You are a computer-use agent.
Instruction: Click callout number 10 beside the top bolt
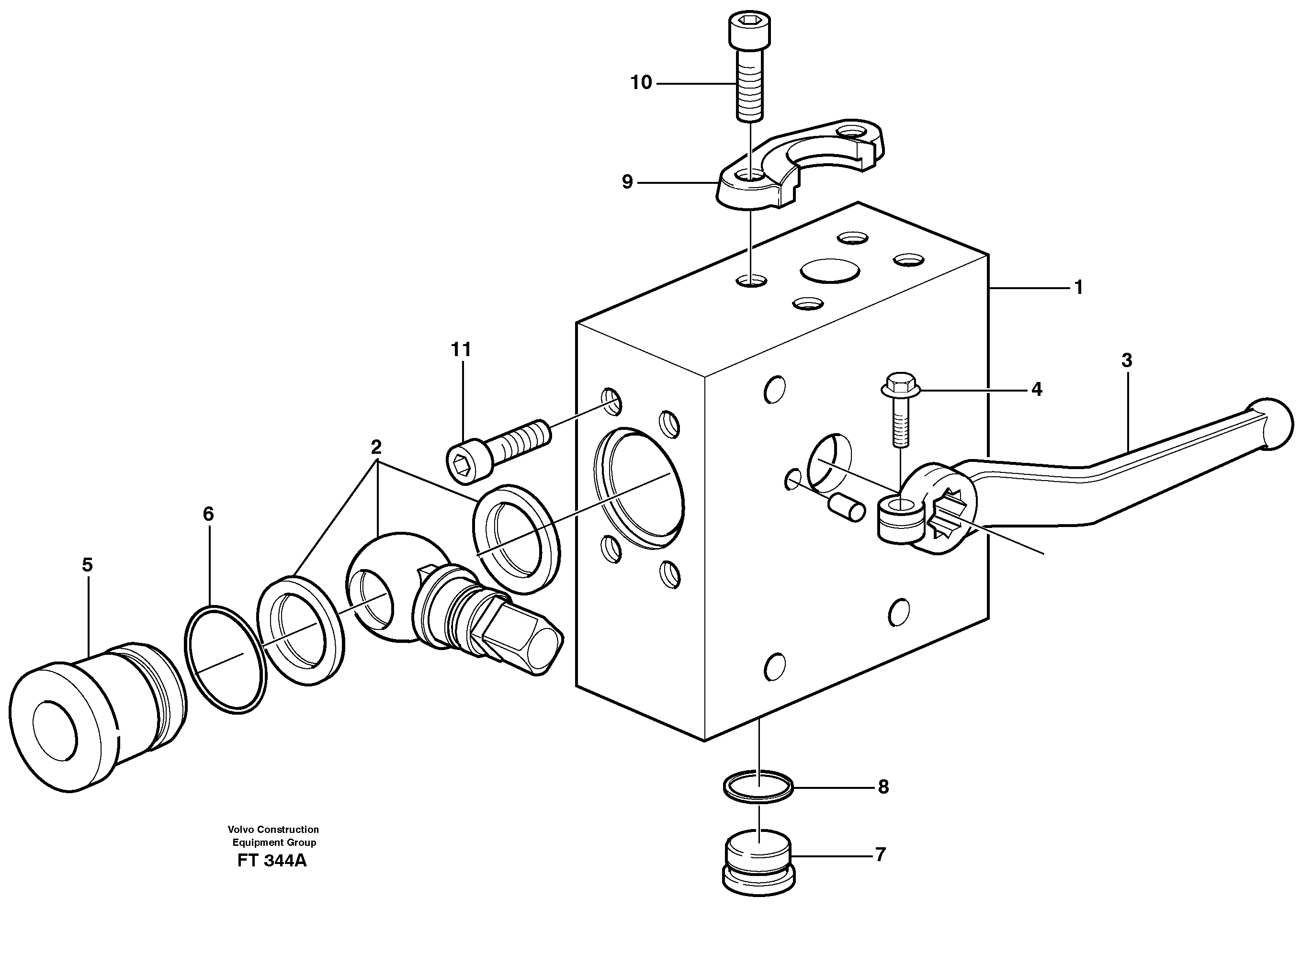641,83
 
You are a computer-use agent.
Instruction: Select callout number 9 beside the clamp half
627,182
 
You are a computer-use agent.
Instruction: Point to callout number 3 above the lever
1126,360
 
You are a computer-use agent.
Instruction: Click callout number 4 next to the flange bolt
1036,389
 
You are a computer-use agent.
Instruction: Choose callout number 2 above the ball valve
376,448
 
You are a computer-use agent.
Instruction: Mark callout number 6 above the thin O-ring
209,514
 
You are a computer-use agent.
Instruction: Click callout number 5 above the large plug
87,565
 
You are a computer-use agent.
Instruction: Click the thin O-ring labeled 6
226,660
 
